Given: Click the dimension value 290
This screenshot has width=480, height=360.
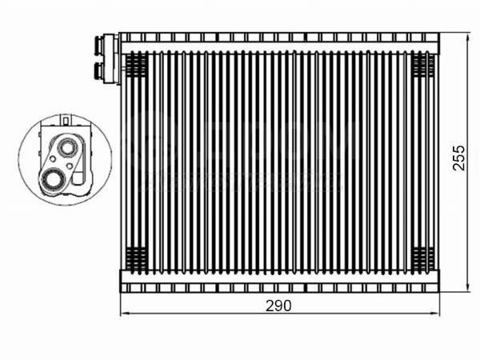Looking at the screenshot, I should tap(278, 305).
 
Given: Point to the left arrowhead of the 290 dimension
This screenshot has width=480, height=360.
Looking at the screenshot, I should tap(124, 313).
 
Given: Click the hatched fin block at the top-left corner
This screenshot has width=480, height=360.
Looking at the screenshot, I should tap(137, 62).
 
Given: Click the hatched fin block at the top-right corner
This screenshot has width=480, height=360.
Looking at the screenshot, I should tap(423, 62).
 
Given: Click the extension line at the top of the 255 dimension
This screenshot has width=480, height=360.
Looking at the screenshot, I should tap(453, 33).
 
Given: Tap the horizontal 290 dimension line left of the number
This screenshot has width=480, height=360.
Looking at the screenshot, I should tap(192, 313).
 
